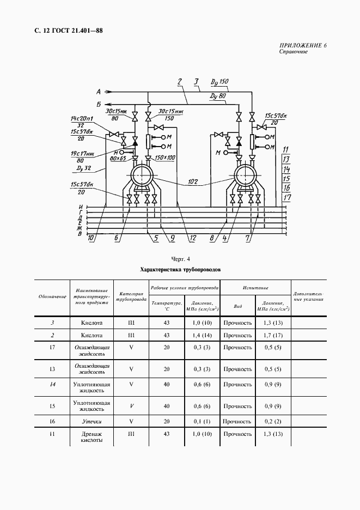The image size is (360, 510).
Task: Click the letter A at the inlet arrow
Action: [x=99, y=91]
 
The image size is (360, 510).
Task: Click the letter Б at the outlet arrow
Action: [x=99, y=104]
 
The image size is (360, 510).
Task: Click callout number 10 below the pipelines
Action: [x=91, y=238]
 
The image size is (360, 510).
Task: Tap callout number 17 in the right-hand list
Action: [x=287, y=198]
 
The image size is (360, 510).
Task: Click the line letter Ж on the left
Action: [x=80, y=228]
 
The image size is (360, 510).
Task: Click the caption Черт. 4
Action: [x=180, y=259]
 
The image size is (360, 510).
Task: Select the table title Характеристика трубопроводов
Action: [x=180, y=269]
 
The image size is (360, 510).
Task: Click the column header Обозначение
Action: [x=52, y=297]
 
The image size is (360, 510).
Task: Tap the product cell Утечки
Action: [x=91, y=422]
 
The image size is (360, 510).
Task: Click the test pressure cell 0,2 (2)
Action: [x=272, y=422]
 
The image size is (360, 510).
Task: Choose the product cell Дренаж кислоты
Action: [x=91, y=437]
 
